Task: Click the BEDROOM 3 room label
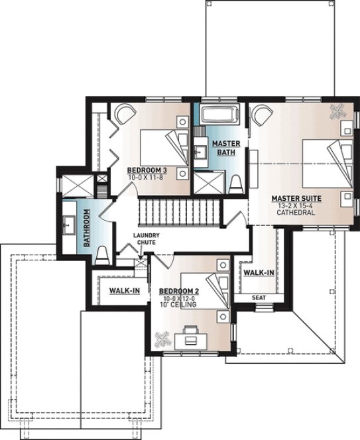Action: point(146,170)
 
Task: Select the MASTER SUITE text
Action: point(296,198)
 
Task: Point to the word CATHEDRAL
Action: point(296,213)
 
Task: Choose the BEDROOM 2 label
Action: point(180,291)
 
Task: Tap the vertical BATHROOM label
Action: point(86,228)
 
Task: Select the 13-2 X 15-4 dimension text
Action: point(296,205)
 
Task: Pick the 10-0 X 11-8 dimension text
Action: point(146,178)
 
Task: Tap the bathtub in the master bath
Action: point(219,113)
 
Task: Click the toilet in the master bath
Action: point(235,184)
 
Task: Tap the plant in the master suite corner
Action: point(336,111)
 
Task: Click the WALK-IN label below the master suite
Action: point(259,272)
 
